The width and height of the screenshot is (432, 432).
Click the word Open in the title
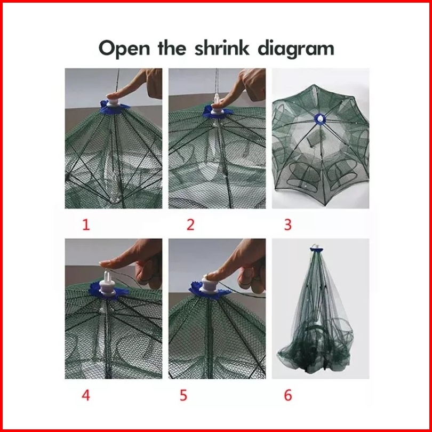(124, 49)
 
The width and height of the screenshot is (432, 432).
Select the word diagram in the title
(295, 49)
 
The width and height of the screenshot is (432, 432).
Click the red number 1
(86, 225)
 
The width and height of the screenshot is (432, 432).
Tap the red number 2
(190, 225)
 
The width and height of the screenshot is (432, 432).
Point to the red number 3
(287, 225)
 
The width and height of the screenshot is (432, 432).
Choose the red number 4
(86, 395)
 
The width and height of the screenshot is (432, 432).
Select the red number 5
(183, 395)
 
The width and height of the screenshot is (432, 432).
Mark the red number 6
(287, 395)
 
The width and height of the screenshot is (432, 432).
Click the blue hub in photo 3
(320, 118)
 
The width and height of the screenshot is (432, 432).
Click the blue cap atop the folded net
(317, 250)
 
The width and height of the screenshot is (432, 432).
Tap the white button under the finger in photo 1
(113, 102)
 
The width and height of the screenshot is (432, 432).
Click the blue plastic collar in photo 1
(114, 108)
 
